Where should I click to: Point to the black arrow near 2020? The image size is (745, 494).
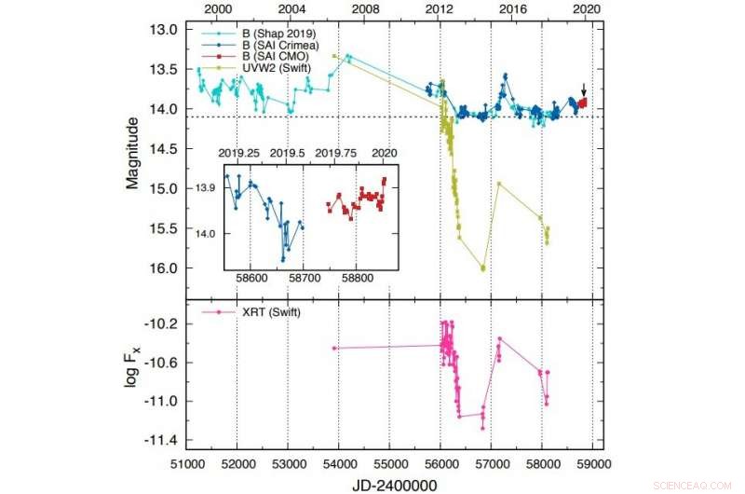pos(584,89)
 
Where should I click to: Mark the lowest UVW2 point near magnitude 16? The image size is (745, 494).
pos(483,268)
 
